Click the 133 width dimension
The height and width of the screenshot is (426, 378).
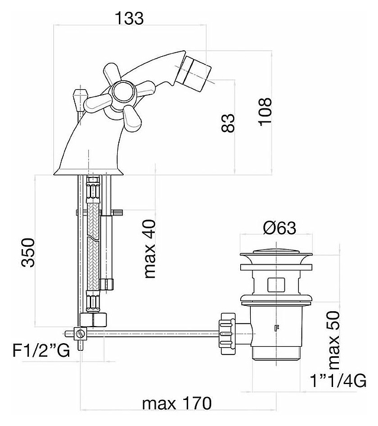130,18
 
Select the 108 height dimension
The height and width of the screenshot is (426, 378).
264,111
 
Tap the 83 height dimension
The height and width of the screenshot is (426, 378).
228,123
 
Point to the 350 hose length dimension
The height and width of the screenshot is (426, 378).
28,253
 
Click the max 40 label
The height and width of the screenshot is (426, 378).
149,249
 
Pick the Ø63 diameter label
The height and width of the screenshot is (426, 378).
279,228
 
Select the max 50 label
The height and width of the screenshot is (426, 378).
334,340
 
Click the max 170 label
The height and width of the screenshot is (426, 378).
177,403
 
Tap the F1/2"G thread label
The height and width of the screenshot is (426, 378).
41,350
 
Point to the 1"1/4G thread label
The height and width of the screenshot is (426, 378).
338,380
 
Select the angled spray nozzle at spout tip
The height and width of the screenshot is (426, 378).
198,73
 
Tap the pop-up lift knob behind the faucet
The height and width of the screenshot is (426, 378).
80,98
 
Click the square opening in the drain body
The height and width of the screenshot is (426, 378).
276,285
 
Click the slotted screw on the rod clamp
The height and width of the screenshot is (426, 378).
79,333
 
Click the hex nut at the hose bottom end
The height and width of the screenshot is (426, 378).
93,319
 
